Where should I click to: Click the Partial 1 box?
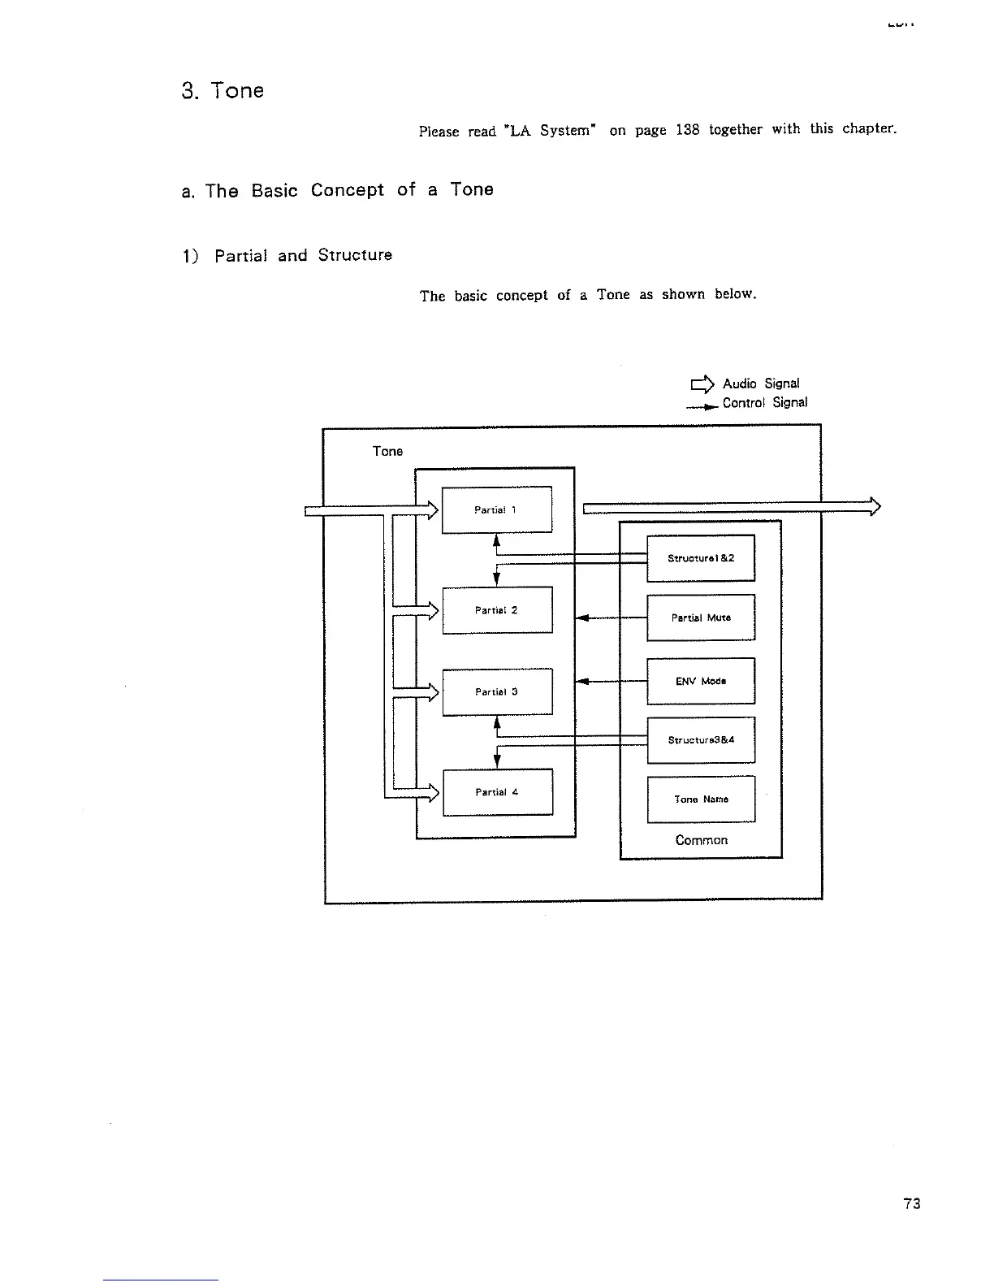tap(496, 509)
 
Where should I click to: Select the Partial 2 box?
tap(496, 609)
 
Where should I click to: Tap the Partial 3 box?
tap(496, 691)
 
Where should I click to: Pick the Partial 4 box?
tap(497, 791)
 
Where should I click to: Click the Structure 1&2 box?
tap(700, 558)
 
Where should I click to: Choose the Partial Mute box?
tap(700, 617)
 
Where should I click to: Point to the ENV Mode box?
tap(700, 681)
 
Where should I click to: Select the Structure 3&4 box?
tap(700, 739)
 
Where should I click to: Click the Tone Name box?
tap(700, 799)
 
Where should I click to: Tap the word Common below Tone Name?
tap(701, 840)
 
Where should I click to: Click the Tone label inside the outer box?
tap(387, 451)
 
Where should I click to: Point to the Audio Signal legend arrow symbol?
tap(702, 383)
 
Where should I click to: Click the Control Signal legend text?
tap(764, 402)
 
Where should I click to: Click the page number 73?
tap(911, 1203)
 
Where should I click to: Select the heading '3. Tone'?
tap(223, 90)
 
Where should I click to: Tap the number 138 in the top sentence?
tap(686, 130)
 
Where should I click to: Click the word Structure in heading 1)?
tap(355, 255)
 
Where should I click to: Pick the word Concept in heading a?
tap(347, 190)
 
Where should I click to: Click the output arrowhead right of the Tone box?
tap(875, 506)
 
